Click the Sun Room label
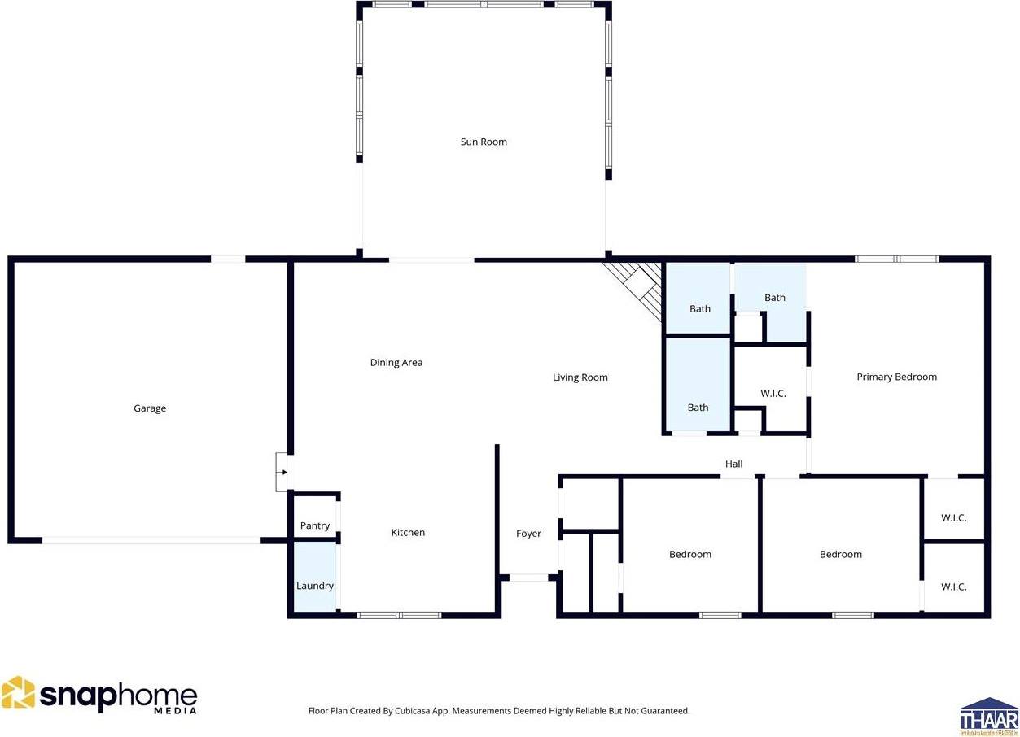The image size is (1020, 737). (484, 142)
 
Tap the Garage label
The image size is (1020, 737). (150, 408)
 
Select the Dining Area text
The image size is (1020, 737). (396, 363)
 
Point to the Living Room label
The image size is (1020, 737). (580, 377)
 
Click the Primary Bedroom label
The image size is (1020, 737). (896, 377)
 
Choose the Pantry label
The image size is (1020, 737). (315, 526)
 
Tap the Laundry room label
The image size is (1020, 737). (314, 586)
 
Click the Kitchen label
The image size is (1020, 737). (408, 533)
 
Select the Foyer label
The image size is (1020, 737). (528, 534)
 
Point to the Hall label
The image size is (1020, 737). (733, 464)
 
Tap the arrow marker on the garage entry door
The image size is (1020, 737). (282, 472)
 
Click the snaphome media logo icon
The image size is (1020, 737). (19, 693)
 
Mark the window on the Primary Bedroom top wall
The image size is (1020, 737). (896, 259)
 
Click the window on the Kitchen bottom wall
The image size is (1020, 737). (399, 615)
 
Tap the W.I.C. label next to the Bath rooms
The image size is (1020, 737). (773, 394)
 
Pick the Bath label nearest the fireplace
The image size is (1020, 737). (700, 309)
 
